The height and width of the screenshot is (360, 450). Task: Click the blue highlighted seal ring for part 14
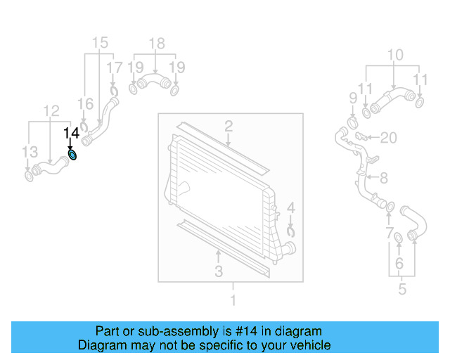(x=73, y=155)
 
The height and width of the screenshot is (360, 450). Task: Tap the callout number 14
(x=72, y=133)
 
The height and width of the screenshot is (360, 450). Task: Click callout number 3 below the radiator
(x=219, y=271)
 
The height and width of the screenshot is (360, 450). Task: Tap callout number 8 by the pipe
(x=383, y=178)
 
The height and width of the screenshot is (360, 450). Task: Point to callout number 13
(x=28, y=153)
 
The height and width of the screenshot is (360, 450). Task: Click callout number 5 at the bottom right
(x=402, y=288)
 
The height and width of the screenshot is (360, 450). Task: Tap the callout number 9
(x=353, y=97)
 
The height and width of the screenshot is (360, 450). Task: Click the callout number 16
(x=85, y=104)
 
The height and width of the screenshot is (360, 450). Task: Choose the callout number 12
(x=51, y=110)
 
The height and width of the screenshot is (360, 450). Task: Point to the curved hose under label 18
(x=154, y=84)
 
